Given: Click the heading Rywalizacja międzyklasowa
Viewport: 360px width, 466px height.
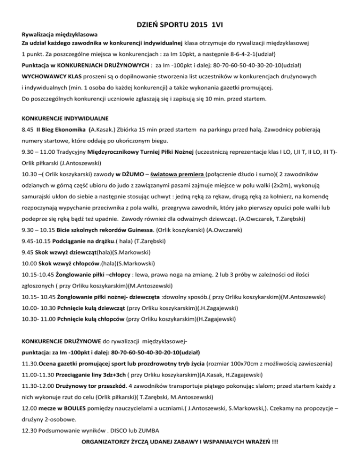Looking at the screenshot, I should (x=60, y=35).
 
